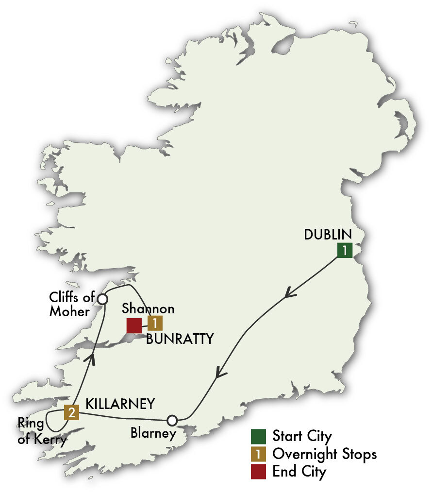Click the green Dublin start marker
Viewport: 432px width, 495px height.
pos(345,250)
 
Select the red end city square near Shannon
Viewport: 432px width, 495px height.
pos(134,325)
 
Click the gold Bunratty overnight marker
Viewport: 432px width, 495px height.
pos(155,324)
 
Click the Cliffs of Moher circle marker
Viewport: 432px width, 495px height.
pos(102,299)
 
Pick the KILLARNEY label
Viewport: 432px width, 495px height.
pos(120,404)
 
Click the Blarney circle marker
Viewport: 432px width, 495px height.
pos(172,420)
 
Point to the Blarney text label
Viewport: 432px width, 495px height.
pos(153,434)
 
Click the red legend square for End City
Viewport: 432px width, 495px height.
pos(259,472)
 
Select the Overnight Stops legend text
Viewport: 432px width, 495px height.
pos(324,454)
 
